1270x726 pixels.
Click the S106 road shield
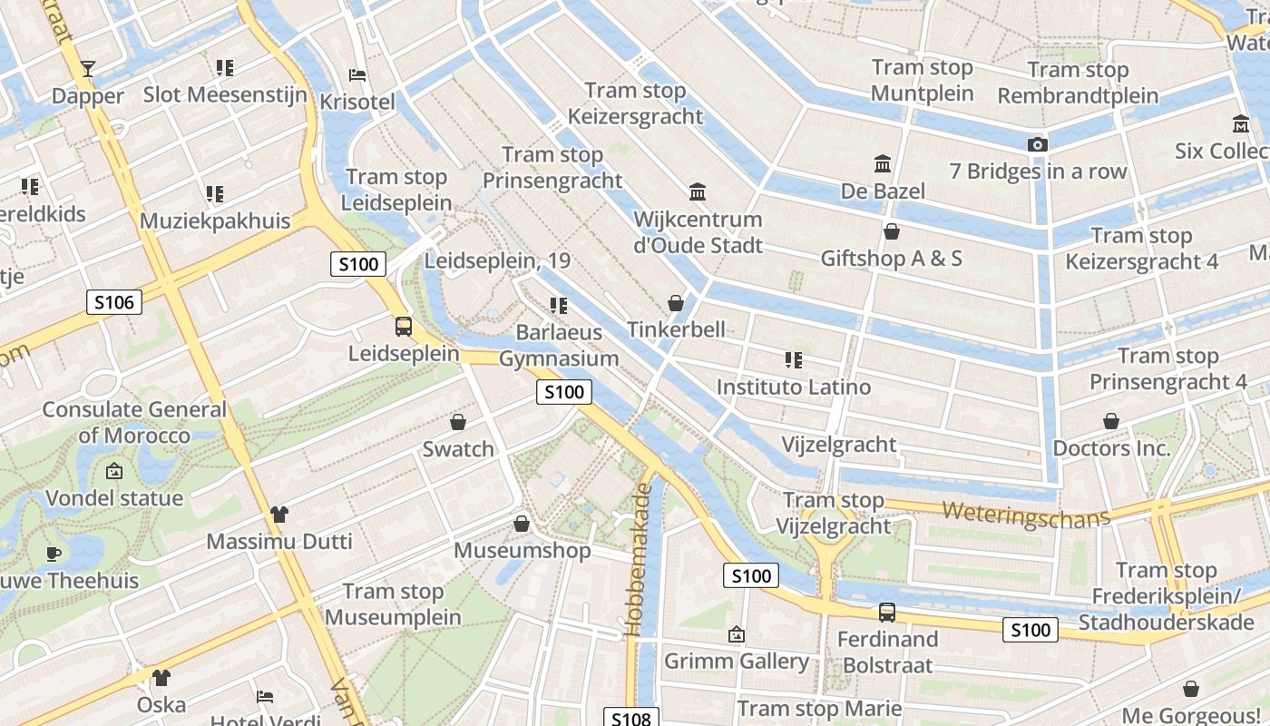coord(114,302)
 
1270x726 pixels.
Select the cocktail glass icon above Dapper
coord(87,68)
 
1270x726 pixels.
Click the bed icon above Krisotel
coord(357,74)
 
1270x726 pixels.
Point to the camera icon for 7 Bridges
coord(1038,144)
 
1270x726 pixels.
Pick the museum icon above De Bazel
coord(882,163)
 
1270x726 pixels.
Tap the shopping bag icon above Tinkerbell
coord(675,302)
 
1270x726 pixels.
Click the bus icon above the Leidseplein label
coord(404,327)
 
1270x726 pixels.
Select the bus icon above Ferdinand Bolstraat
coord(886,613)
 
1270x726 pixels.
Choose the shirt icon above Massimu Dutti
coord(278,515)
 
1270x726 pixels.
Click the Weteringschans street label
coord(1025,515)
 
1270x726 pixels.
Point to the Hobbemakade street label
coord(640,558)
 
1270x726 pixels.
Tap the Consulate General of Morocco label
coord(134,422)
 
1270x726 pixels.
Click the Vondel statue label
coord(114,498)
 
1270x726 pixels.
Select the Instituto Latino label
coord(794,387)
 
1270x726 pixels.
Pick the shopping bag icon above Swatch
coord(458,422)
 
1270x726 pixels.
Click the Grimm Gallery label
coord(737,661)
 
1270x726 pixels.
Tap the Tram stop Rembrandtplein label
coord(1078,83)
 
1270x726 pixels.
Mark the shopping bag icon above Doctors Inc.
coord(1111,421)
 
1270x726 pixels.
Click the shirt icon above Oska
coord(161,678)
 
